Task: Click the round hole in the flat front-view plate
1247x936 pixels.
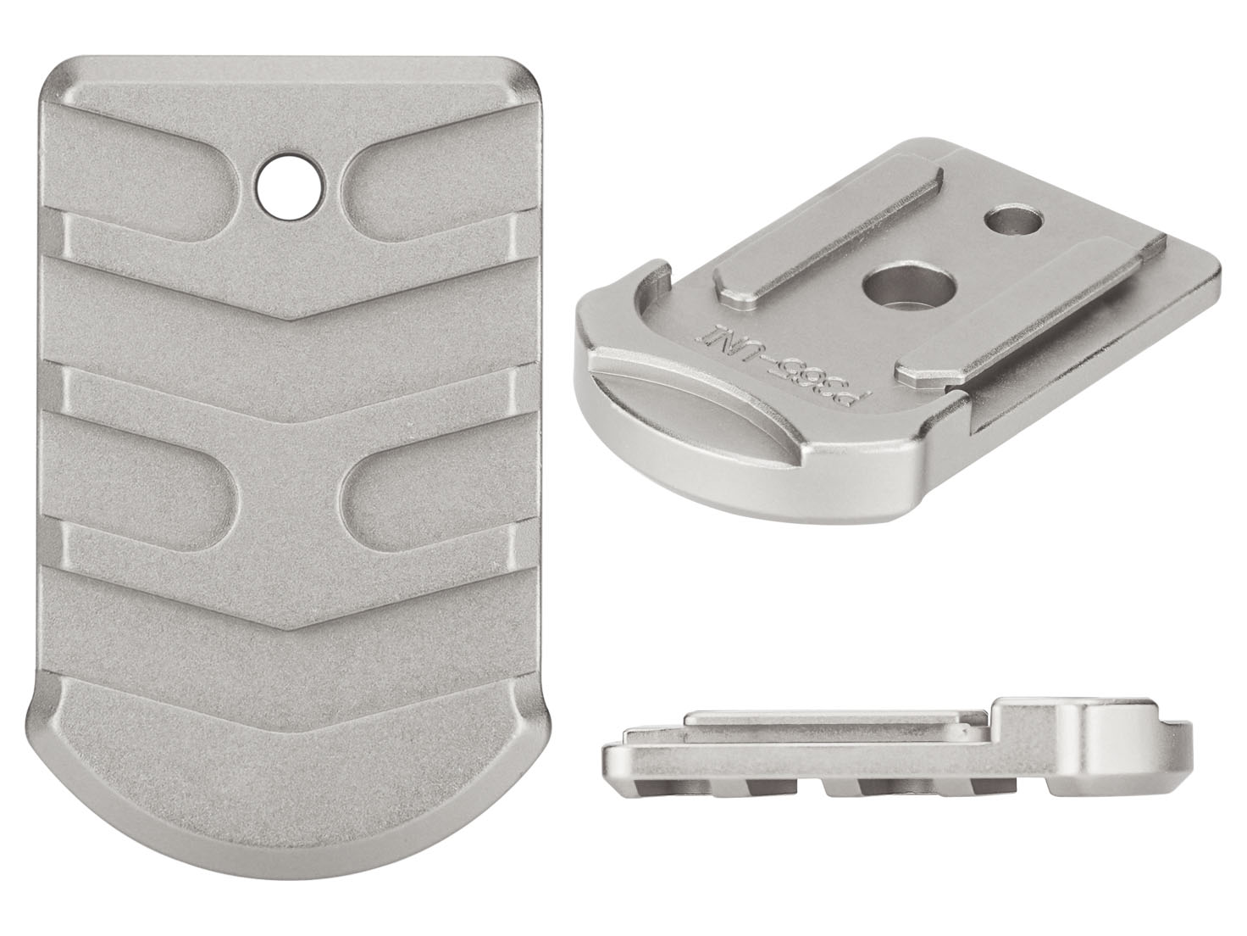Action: [288, 181]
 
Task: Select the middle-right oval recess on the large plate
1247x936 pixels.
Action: [424, 492]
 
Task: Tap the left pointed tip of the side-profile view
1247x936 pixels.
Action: [603, 759]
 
